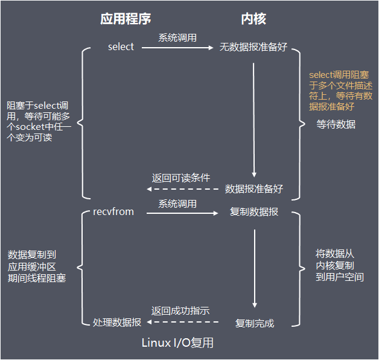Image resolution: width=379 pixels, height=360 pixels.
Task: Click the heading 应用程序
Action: point(125,19)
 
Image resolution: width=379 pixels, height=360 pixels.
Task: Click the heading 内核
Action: point(253,19)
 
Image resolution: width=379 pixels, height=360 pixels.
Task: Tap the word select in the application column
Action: point(121,47)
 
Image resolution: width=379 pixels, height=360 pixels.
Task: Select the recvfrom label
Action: point(113,211)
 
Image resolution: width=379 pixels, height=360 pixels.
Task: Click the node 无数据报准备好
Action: point(253,47)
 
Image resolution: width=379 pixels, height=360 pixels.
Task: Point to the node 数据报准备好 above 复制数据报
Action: point(254,188)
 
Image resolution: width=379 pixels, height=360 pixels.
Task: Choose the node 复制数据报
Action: point(254,212)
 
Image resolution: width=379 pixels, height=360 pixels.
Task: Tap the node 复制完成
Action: point(255,323)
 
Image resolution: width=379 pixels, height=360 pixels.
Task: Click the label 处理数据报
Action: point(117,323)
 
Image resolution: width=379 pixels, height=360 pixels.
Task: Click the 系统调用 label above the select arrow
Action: point(177,37)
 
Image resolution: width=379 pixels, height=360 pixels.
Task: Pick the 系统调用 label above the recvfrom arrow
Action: point(177,204)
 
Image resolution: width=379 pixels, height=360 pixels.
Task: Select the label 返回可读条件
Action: point(180,178)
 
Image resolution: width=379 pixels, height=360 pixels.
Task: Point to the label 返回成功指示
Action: point(180,311)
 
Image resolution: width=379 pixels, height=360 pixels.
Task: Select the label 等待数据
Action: point(336,125)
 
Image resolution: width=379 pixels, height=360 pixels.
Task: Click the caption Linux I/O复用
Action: point(177,343)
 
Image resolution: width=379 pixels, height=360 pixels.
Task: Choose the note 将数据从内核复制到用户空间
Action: point(340,266)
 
